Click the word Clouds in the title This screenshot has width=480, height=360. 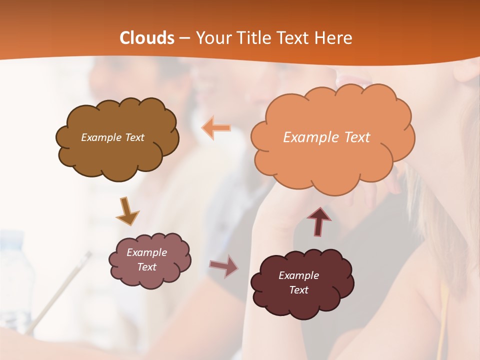(147, 38)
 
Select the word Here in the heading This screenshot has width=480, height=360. (335, 38)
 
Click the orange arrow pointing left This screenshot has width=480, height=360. (216, 128)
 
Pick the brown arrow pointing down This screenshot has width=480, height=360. (127, 211)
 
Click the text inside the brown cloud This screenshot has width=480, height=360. (112, 137)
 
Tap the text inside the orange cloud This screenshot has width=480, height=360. (326, 137)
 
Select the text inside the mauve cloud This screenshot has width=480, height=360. (146, 259)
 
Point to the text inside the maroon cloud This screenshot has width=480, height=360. (298, 282)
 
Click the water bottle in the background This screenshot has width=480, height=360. (15, 280)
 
